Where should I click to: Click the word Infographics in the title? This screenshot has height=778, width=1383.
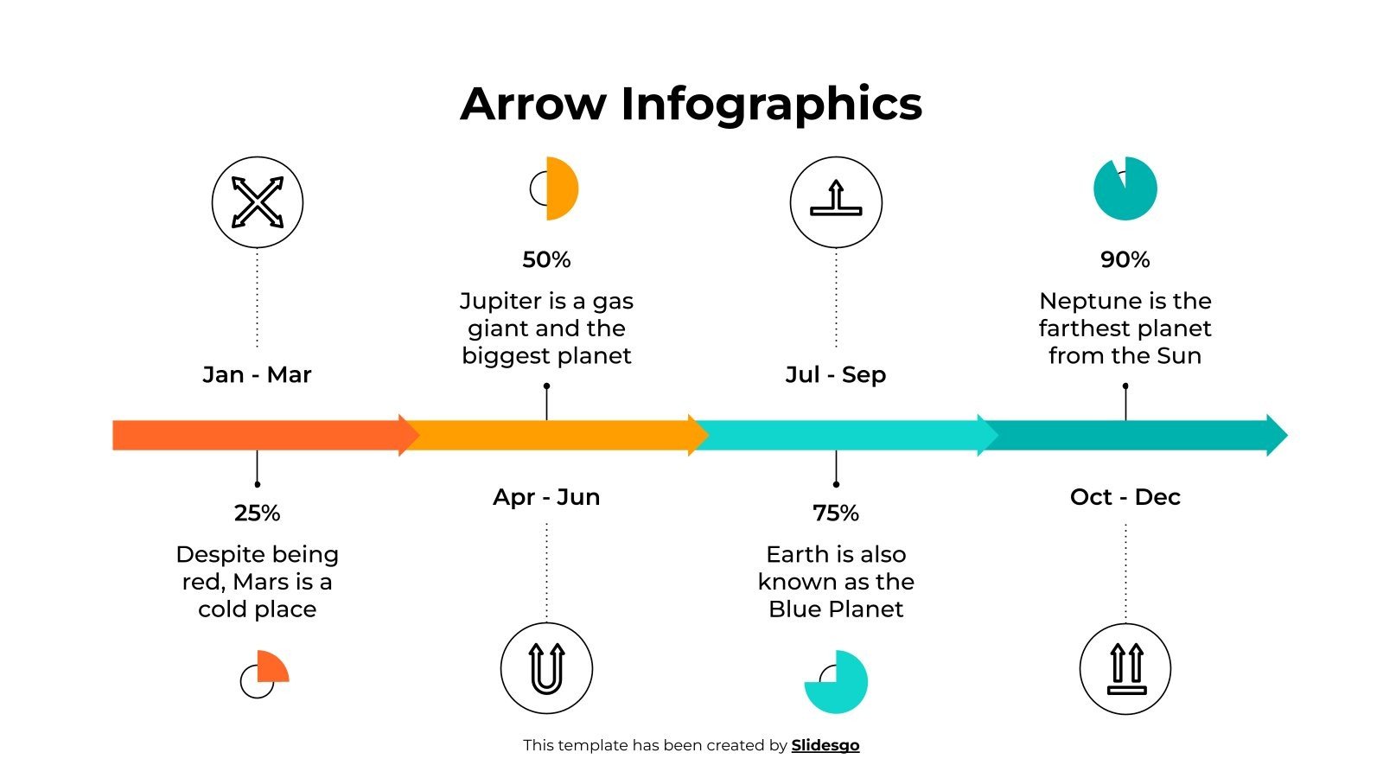pos(771,104)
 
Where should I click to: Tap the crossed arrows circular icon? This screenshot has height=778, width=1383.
pos(258,202)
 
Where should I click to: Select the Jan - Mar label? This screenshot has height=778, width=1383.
pos(257,374)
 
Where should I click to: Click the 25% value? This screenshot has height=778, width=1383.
pos(257,513)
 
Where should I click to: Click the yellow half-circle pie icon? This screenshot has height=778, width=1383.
pos(560,188)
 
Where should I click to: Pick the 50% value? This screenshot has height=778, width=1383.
pos(546,259)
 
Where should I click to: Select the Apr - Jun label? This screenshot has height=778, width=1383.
pos(546,497)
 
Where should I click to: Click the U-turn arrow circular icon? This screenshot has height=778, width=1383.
pos(546,668)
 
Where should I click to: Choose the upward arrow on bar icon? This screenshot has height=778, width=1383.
pos(836,202)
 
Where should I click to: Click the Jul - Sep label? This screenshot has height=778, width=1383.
pos(836,374)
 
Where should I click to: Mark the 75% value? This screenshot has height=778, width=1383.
pos(836,513)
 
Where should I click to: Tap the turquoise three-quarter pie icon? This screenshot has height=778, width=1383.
pos(838,683)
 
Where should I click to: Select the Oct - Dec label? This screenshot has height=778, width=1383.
pos(1125,497)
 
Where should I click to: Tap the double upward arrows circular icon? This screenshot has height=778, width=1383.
pos(1125,668)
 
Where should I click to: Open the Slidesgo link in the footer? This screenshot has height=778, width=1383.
pos(825,745)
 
